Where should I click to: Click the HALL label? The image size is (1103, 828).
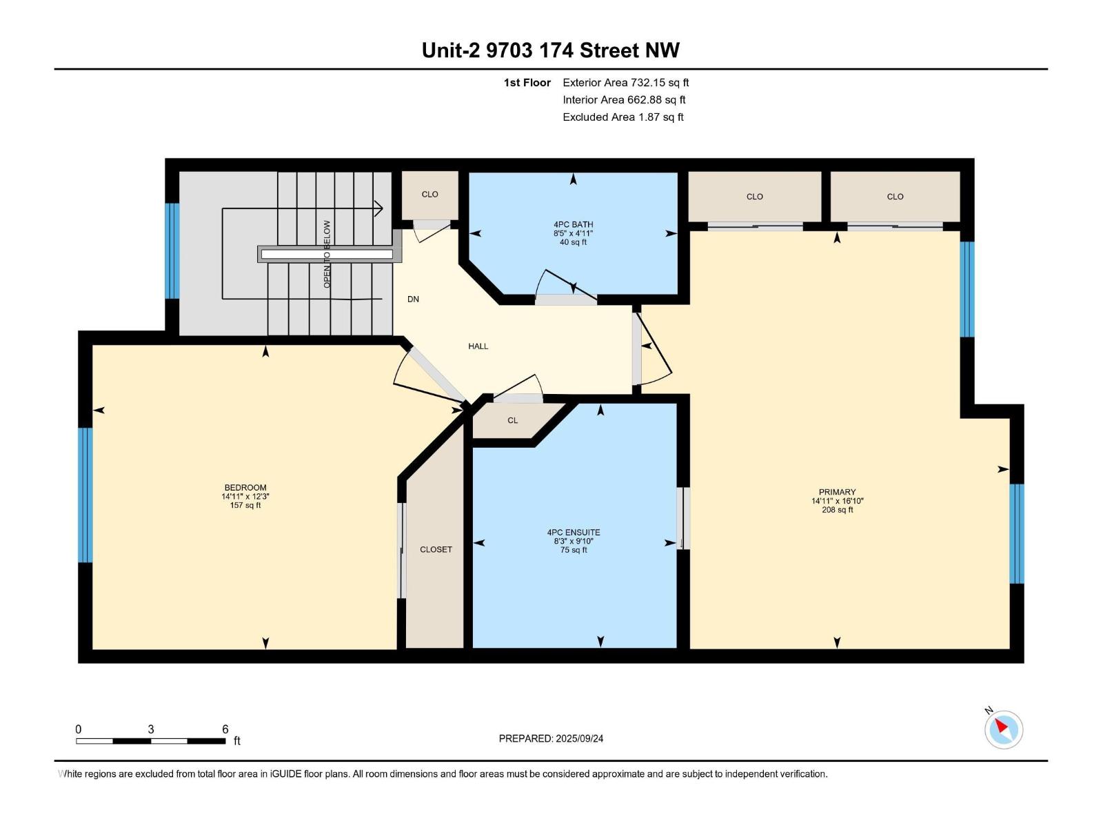(x=478, y=346)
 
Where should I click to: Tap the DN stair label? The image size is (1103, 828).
(x=413, y=299)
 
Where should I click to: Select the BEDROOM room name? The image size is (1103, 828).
(x=245, y=488)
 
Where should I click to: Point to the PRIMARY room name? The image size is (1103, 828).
(x=837, y=492)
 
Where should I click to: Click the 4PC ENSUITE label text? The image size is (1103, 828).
(x=574, y=533)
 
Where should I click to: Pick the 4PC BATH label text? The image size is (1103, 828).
(x=574, y=225)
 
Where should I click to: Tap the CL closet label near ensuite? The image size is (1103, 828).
(x=513, y=420)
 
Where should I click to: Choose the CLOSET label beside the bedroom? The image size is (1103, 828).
(x=436, y=549)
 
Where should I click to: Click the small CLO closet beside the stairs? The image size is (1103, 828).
(x=429, y=194)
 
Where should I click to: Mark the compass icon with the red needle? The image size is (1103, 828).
(x=1004, y=729)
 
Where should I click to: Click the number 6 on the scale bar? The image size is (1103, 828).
(x=225, y=729)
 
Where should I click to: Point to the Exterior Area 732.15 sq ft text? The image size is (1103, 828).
(x=626, y=82)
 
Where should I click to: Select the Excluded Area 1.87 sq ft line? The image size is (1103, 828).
(x=623, y=117)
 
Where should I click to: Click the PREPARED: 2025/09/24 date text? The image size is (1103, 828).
(x=551, y=738)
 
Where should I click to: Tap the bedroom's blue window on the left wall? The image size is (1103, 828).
(x=85, y=495)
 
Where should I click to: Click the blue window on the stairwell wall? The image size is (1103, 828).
(x=172, y=251)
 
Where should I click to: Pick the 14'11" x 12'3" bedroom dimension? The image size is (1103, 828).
(x=245, y=497)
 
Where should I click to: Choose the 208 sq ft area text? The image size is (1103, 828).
(x=837, y=510)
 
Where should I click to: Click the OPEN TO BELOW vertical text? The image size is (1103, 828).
(x=327, y=255)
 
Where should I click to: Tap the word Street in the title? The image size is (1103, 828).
(x=609, y=50)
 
